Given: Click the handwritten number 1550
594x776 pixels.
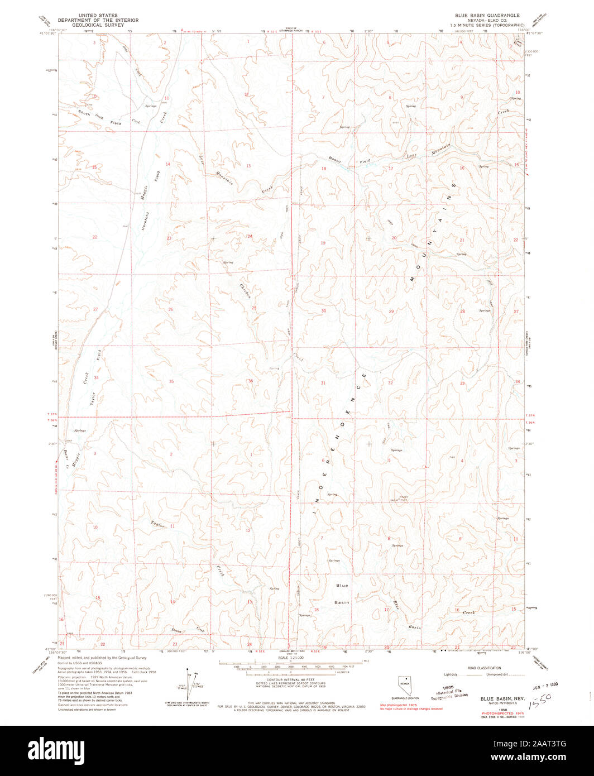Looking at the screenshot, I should coord(541,698).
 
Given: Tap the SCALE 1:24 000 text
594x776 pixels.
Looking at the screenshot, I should coord(291,658).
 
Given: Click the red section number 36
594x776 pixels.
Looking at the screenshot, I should coord(250,381).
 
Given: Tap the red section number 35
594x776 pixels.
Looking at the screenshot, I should coord(171,381).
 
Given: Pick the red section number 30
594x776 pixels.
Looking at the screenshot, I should coord(323,310).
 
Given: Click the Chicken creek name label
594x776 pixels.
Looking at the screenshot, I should coord(246,290).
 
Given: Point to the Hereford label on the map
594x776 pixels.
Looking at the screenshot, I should coord(146,221).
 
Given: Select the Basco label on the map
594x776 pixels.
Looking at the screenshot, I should coord(334,159).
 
